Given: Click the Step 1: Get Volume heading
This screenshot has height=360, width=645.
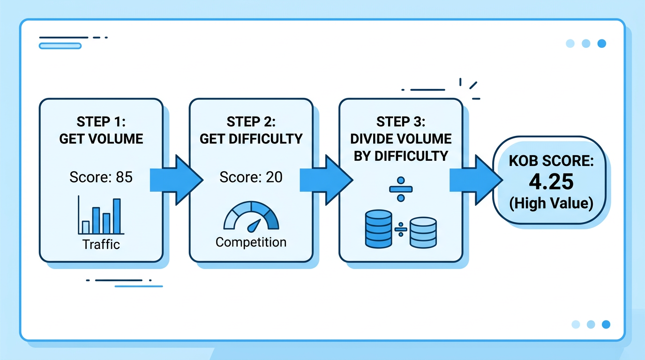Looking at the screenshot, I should (x=101, y=130).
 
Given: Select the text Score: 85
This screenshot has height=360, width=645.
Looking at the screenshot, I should (x=101, y=177).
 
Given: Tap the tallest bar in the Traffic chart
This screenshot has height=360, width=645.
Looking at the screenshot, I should (x=117, y=216).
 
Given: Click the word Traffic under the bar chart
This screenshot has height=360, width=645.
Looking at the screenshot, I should (x=101, y=244).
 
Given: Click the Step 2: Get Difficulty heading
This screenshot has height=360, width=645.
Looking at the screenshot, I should (x=251, y=130).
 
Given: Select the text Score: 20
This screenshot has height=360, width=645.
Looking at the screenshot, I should (x=251, y=177).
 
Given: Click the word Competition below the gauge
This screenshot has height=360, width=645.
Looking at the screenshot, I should (x=251, y=242).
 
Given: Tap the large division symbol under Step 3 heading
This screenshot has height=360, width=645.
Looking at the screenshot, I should (x=401, y=189).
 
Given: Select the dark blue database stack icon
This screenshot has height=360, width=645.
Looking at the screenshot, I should (x=378, y=229).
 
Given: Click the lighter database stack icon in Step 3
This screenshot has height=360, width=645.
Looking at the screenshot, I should (x=423, y=232).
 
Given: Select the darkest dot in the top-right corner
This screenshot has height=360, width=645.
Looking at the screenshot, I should (x=601, y=44).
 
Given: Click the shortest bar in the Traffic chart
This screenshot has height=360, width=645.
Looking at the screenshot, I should (x=86, y=227).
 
